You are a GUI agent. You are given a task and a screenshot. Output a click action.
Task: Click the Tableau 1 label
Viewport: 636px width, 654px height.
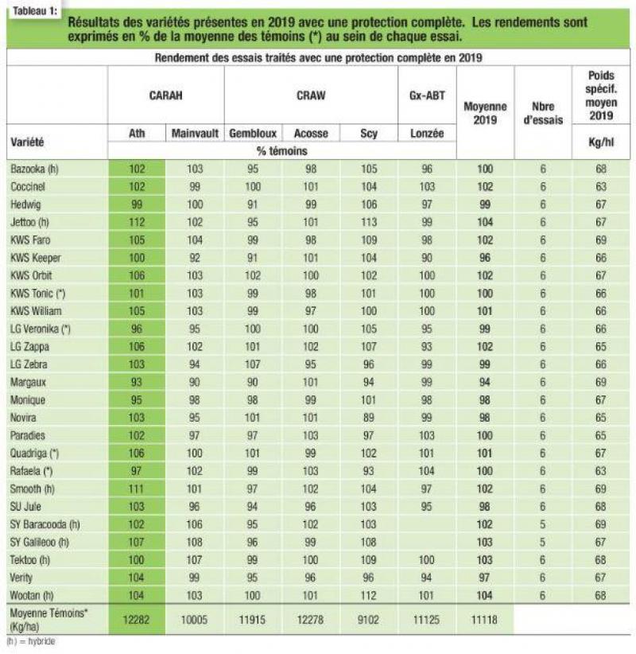click(x=35, y=11)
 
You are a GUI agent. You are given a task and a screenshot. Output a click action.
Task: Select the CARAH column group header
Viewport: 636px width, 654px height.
click(x=166, y=95)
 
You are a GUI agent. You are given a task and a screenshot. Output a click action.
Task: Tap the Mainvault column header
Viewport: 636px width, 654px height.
click(x=195, y=134)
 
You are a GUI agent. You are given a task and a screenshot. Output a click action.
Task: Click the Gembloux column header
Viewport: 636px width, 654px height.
click(x=253, y=134)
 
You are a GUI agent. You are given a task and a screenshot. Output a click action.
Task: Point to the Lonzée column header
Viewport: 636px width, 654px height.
click(x=427, y=134)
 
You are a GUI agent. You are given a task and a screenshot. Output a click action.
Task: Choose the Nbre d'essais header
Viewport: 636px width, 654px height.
click(x=543, y=113)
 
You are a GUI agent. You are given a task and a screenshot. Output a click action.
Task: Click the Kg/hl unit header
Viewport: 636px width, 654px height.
click(x=600, y=142)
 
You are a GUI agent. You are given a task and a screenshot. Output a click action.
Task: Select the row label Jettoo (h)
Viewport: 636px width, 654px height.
click(x=29, y=222)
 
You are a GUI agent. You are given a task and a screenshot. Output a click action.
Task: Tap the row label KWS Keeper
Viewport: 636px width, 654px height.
click(x=36, y=258)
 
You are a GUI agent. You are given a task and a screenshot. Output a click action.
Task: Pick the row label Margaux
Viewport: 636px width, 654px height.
click(x=28, y=382)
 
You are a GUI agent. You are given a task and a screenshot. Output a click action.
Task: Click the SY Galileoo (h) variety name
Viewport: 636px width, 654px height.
click(x=39, y=543)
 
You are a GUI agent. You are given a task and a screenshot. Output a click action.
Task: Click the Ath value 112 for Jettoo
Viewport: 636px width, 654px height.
click(x=137, y=222)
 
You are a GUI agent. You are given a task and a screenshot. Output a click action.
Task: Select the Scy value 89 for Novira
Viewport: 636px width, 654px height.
click(x=368, y=418)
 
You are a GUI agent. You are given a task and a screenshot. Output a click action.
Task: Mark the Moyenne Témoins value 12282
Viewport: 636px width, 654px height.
click(x=136, y=620)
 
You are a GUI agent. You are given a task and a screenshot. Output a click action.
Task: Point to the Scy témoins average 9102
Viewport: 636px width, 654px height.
click(x=368, y=620)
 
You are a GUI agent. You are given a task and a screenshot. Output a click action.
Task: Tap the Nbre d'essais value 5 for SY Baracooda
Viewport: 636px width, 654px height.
click(x=542, y=524)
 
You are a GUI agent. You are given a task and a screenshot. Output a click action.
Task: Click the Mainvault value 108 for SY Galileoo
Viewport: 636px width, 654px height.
click(x=194, y=543)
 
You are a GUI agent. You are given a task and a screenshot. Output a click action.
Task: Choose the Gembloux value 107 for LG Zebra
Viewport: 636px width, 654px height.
click(x=253, y=364)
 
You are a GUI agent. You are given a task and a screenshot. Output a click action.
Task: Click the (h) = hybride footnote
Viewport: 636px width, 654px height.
click(x=31, y=641)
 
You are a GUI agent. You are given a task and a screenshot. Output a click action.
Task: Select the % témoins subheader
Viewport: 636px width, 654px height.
click(x=281, y=151)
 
